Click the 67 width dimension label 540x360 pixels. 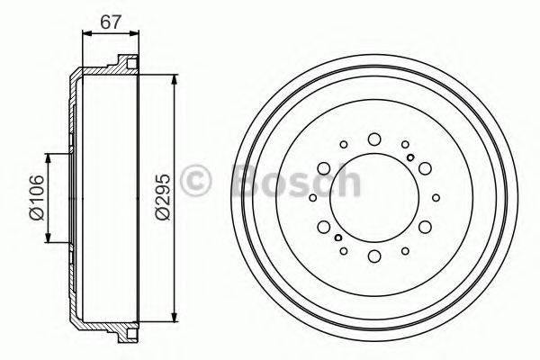tap(111, 20)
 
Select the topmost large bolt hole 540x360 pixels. tap(373, 139)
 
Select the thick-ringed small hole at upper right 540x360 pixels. tap(410, 158)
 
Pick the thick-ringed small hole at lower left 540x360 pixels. tap(337, 238)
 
